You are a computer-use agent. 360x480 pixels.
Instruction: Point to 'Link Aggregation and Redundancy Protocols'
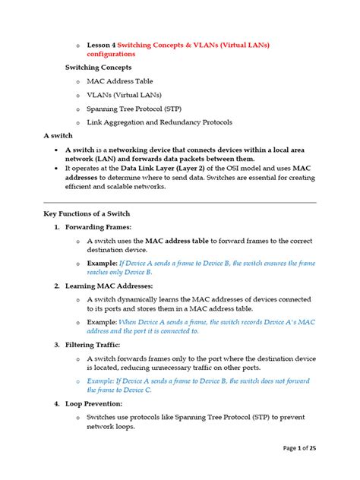pos(159,122)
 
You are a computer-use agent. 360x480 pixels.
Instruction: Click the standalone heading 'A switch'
pos(59,135)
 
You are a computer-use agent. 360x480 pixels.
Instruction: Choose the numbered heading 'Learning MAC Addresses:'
pos(109,286)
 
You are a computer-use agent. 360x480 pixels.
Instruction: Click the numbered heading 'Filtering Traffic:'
pos(97,344)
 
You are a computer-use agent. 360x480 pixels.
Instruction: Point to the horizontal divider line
pos(180,203)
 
